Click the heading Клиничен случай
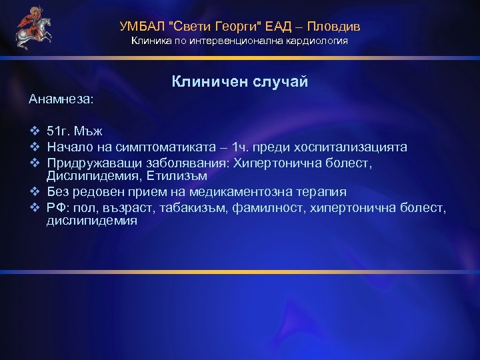pyautogui.click(x=240, y=81)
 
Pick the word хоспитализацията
pyautogui.click(x=351, y=147)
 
